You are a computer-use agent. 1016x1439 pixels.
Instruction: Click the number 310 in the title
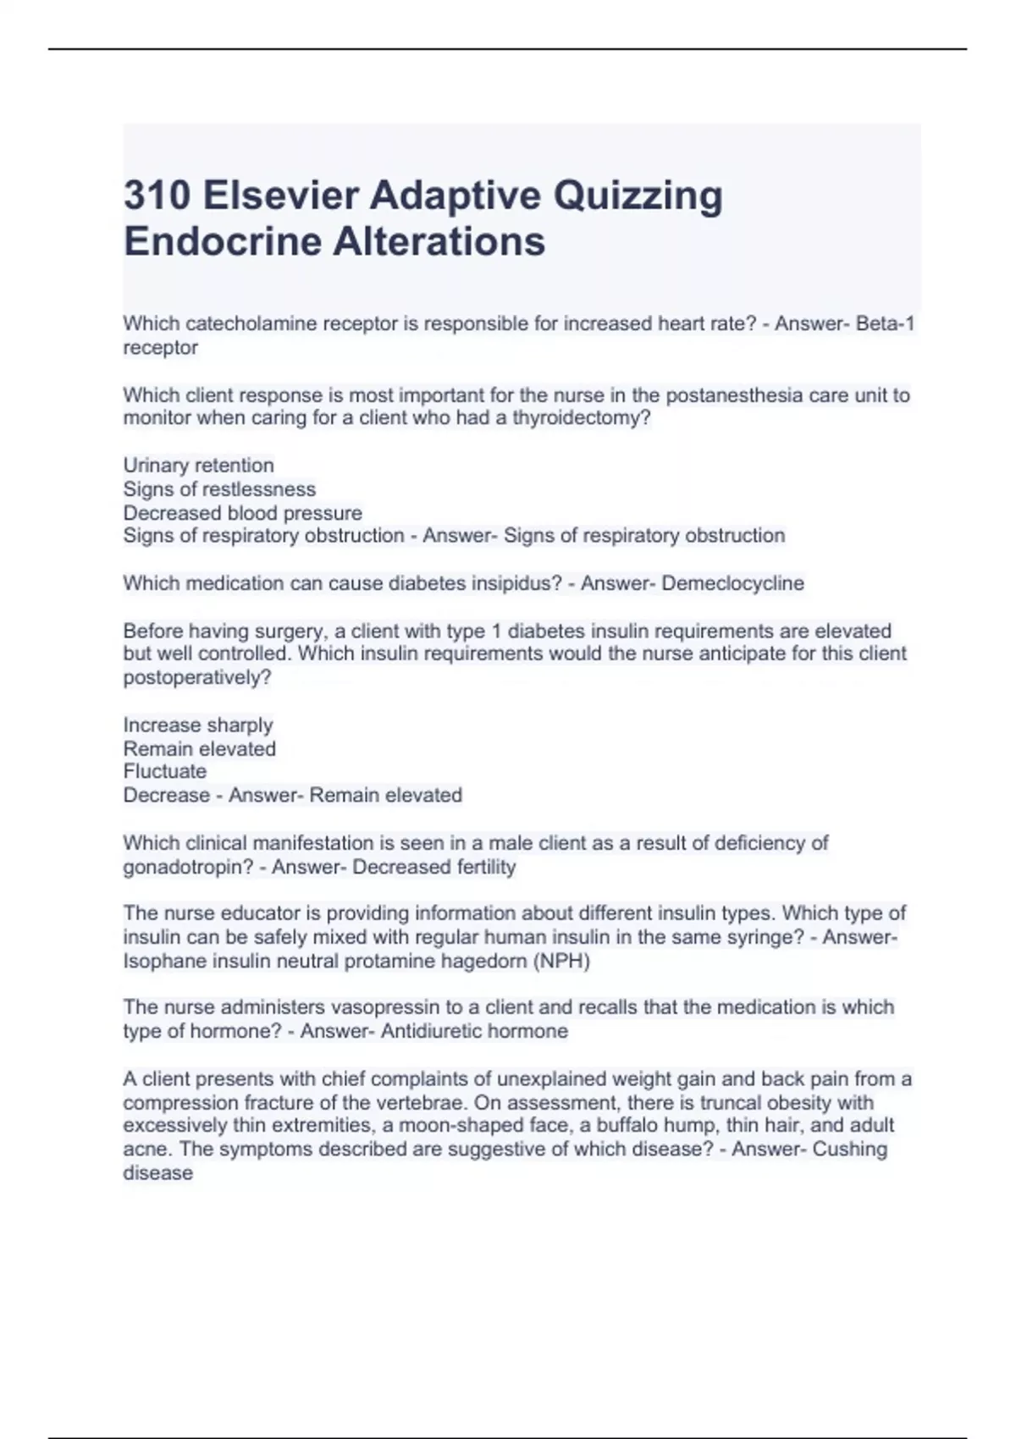(x=157, y=196)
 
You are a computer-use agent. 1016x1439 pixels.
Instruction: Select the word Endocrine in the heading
(x=222, y=241)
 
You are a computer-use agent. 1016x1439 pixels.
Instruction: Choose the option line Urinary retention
(x=198, y=466)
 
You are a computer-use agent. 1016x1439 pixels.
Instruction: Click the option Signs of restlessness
(x=219, y=489)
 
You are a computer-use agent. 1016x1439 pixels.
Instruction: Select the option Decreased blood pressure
(x=242, y=513)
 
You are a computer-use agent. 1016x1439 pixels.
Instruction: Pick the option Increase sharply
(x=198, y=725)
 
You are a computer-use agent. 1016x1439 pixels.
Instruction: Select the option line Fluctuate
(x=165, y=771)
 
